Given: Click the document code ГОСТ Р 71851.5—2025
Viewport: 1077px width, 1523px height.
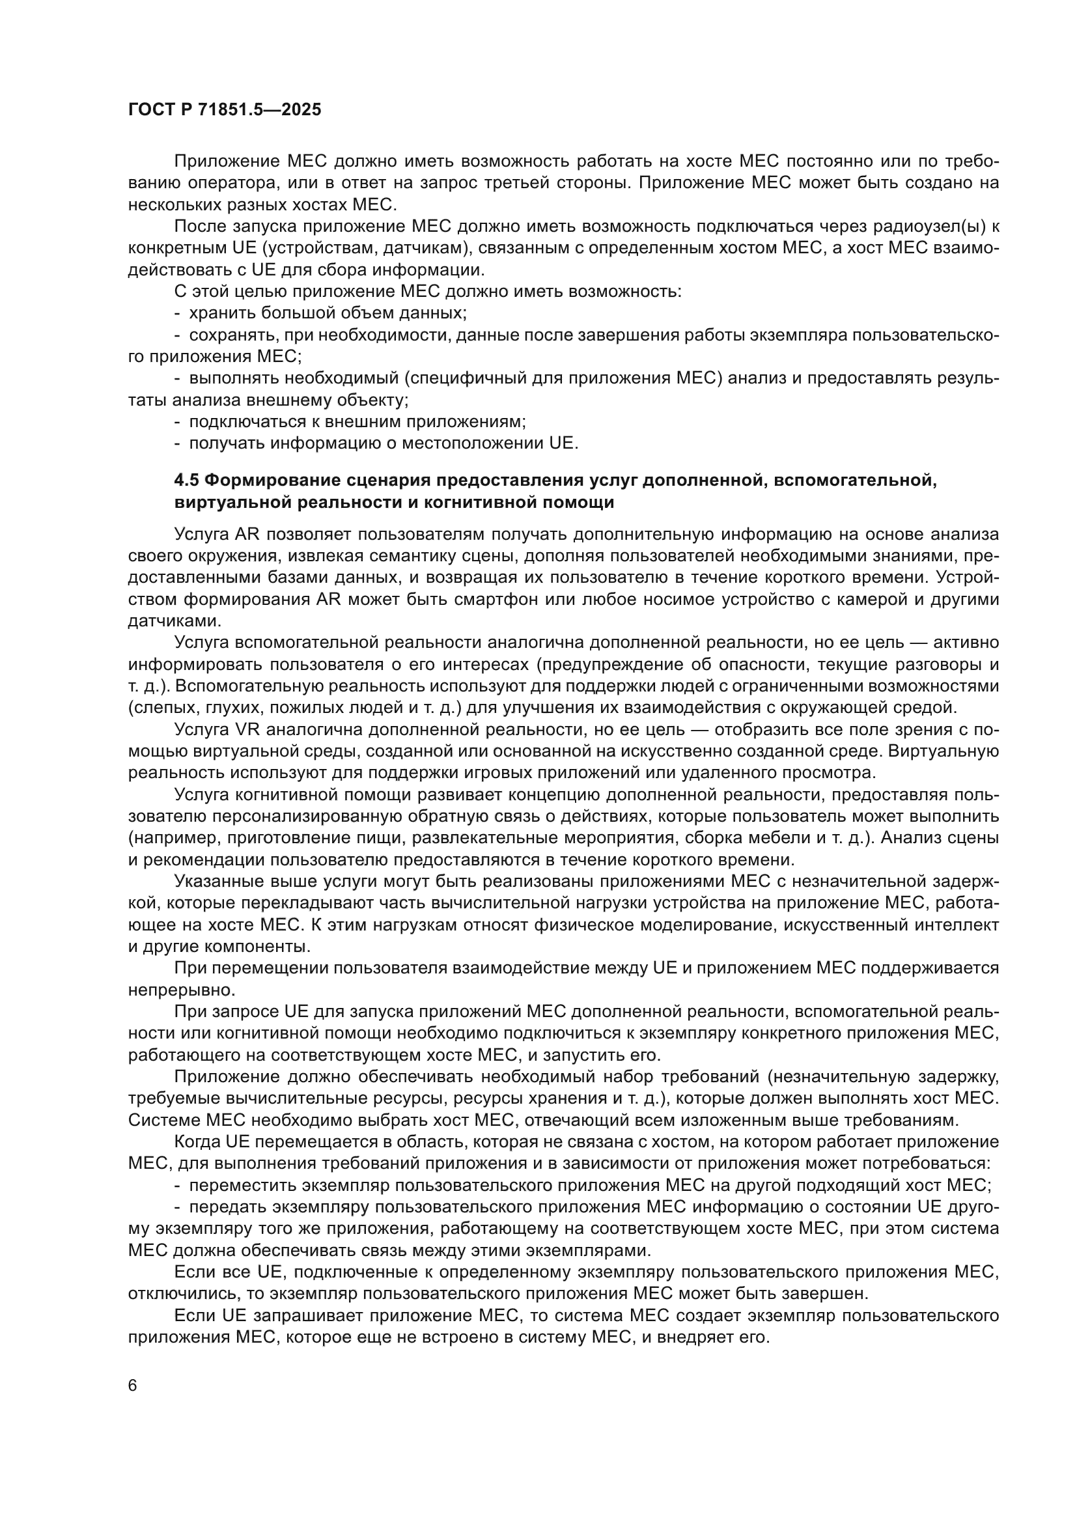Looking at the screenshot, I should [224, 110].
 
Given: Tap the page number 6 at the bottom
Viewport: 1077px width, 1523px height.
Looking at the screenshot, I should [133, 1386].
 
